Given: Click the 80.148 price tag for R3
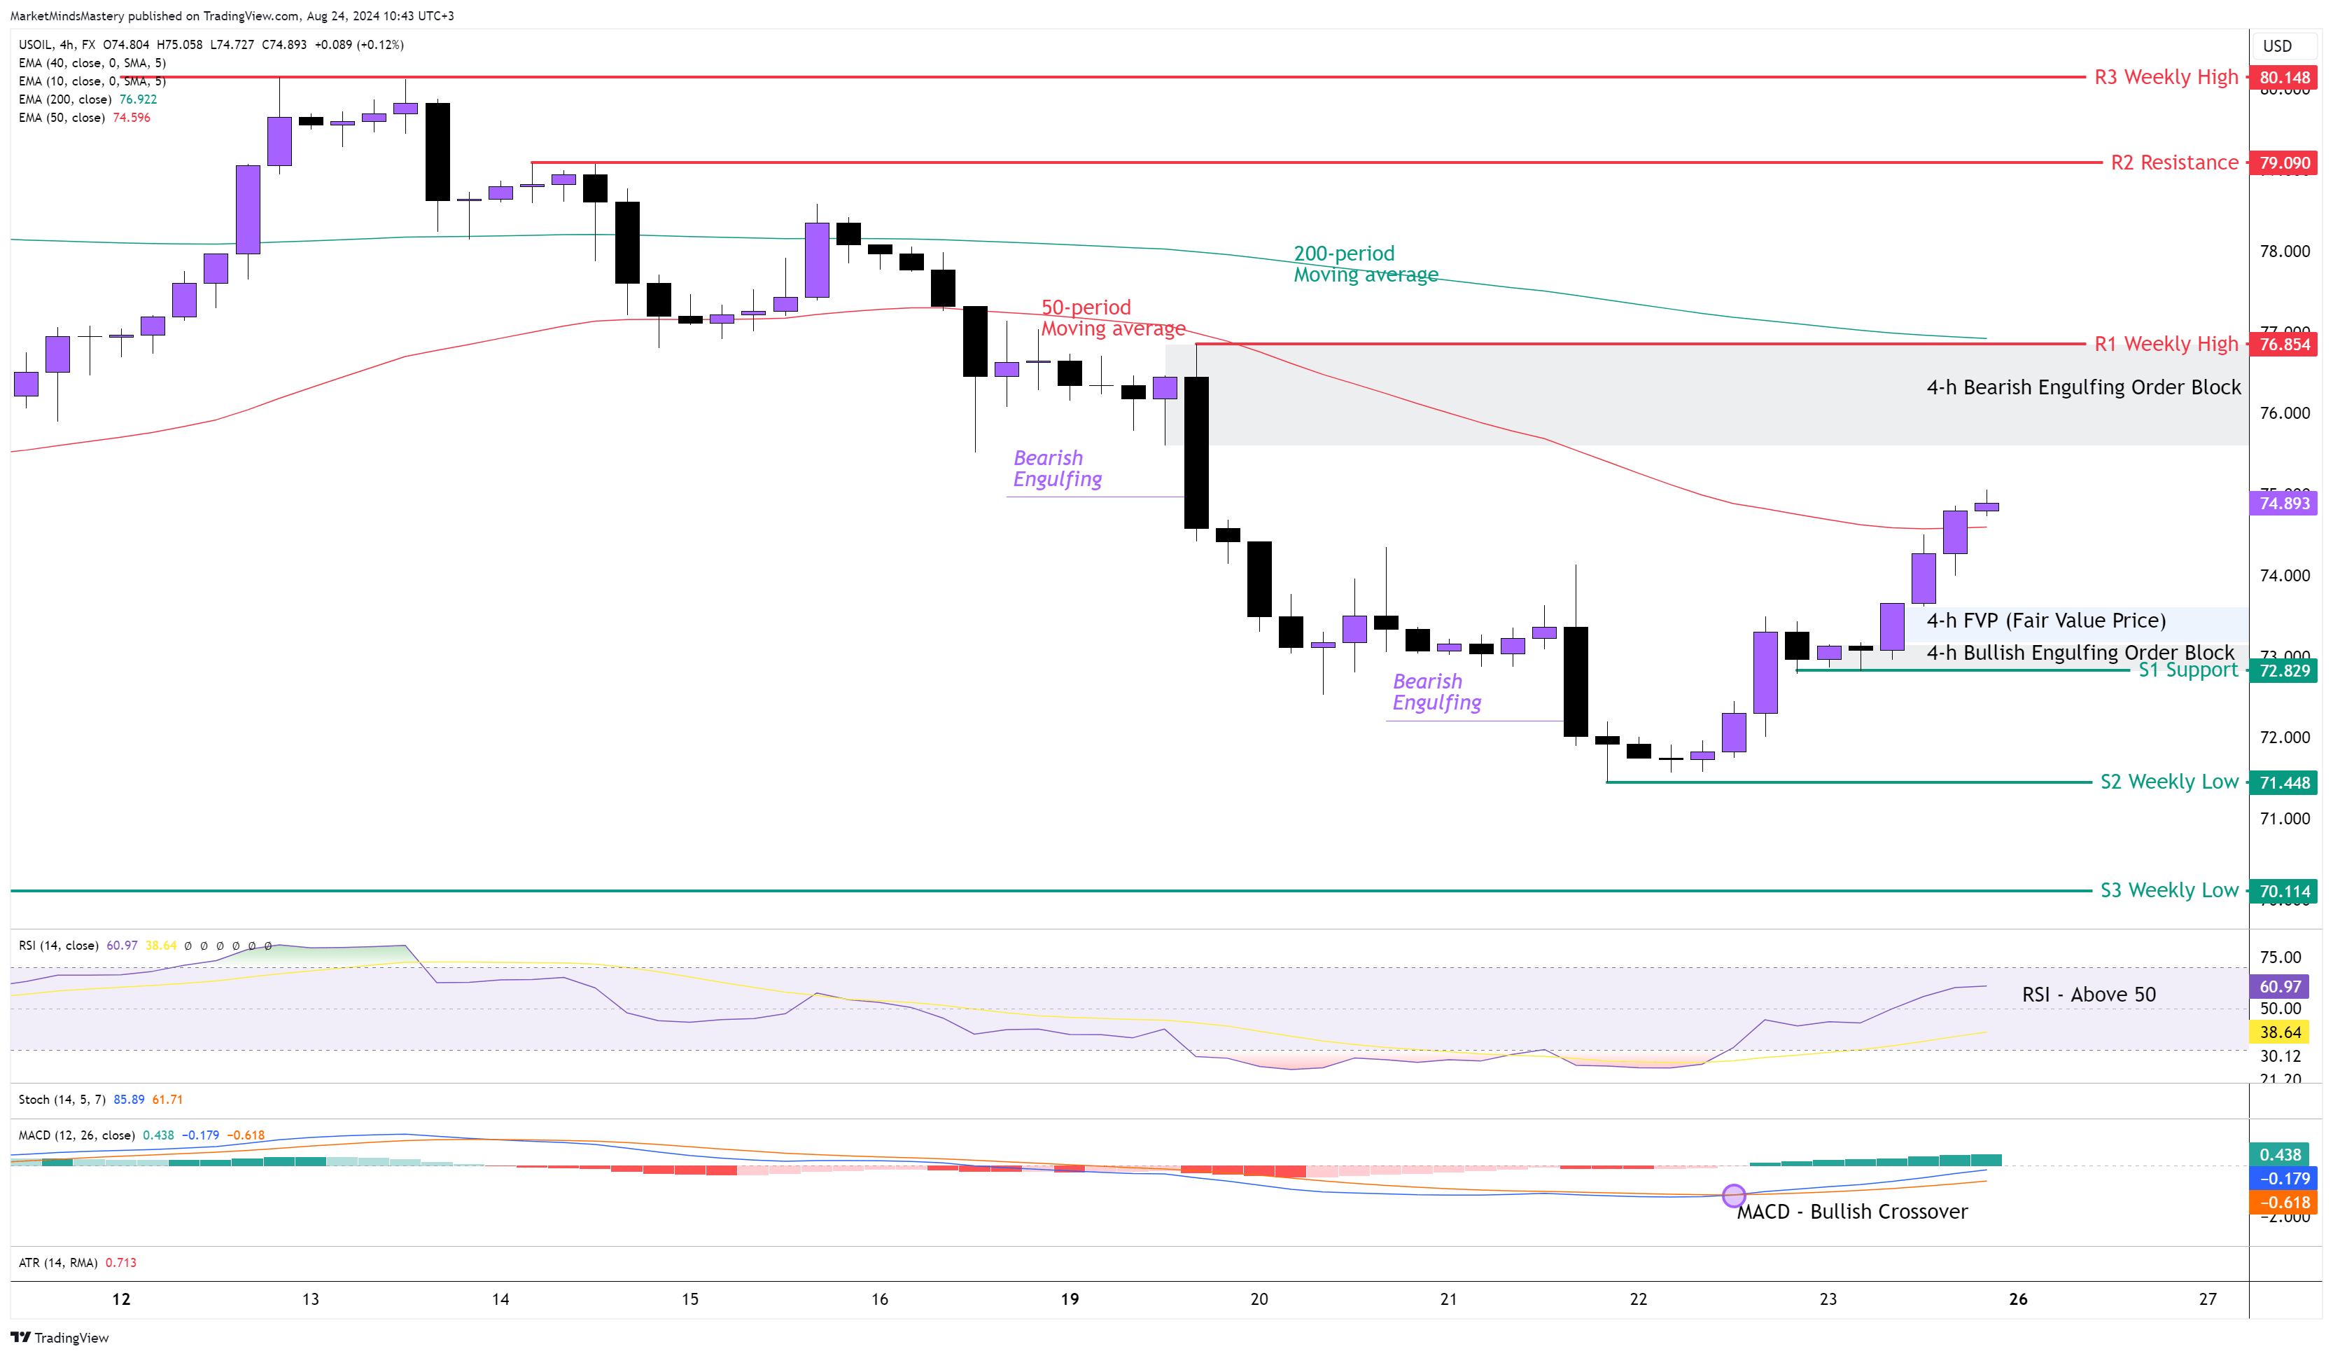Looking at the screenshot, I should (2284, 78).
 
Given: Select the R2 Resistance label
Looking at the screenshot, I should (2174, 163).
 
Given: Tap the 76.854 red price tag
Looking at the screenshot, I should (2284, 345).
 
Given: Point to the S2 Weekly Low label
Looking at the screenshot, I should (2169, 782).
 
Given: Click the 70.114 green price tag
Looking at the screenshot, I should (2284, 892).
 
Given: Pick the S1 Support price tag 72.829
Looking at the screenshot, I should (2284, 670).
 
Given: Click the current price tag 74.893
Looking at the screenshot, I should (2284, 503).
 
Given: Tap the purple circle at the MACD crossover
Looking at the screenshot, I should (1733, 1196).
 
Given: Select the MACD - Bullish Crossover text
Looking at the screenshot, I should (1851, 1212).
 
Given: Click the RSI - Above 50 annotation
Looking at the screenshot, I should (2088, 994).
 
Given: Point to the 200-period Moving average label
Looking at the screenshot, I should (1365, 264).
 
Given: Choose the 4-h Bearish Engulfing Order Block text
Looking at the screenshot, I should (2083, 387).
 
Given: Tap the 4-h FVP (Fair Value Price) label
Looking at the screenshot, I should (2045, 621).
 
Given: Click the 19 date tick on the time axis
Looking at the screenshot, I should (1070, 1299).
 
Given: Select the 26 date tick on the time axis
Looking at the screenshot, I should (2017, 1299).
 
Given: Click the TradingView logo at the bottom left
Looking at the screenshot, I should (59, 1338).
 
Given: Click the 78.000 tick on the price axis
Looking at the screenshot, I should (2284, 251).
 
